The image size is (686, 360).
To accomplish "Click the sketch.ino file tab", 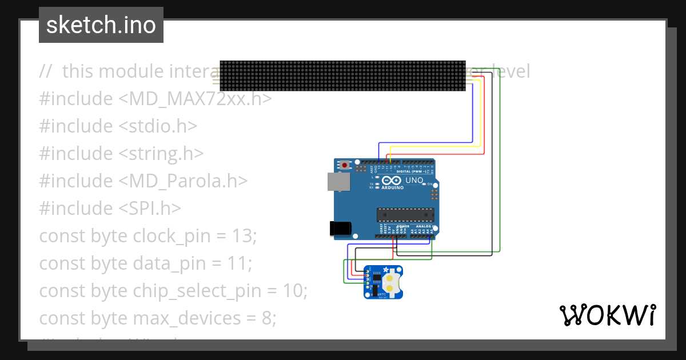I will pyautogui.click(x=101, y=25).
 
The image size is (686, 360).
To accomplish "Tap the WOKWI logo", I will pyautogui.click(x=607, y=315).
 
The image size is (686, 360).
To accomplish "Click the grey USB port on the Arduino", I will pyautogui.click(x=337, y=182).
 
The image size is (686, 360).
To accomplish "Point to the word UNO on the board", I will pyautogui.click(x=414, y=181).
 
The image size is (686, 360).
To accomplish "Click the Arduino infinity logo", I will pyautogui.click(x=393, y=181).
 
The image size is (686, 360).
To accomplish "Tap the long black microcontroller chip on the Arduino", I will pyautogui.click(x=405, y=215).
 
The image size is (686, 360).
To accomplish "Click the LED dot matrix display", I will pyautogui.click(x=343, y=75).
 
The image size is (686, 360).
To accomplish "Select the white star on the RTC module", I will pyautogui.click(x=386, y=270).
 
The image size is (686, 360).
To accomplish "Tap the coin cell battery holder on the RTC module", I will pyautogui.click(x=391, y=281).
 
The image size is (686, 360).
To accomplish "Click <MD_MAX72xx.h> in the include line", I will pyautogui.click(x=194, y=99).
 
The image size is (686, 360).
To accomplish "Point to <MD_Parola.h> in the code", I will pyautogui.click(x=183, y=181).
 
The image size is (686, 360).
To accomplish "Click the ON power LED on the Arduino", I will pyautogui.click(x=425, y=184).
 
